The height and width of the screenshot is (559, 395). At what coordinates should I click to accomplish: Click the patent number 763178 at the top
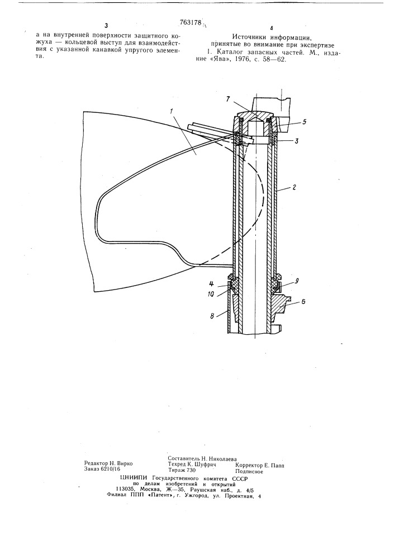point(191,23)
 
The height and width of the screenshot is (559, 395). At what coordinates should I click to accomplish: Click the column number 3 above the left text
point(106,25)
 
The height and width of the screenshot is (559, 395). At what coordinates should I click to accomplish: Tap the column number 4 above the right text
point(272,28)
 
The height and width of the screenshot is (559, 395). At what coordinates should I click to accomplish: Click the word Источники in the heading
point(249,36)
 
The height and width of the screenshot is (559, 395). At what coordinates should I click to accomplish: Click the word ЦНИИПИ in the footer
point(134,478)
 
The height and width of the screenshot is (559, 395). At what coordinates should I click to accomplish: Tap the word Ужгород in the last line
point(198,495)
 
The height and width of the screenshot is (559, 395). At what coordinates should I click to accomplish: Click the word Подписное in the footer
point(249,471)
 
